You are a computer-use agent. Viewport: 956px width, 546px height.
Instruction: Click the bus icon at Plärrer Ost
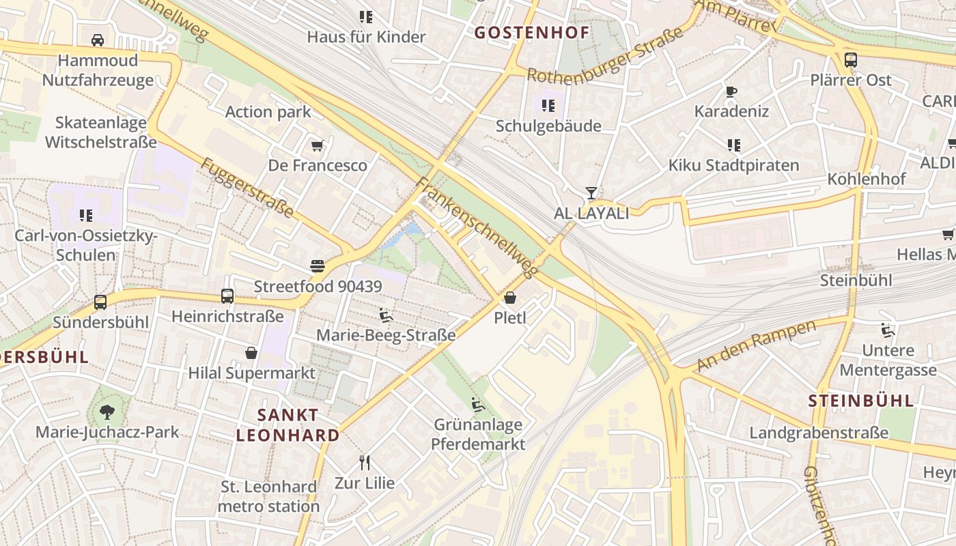coord(850,60)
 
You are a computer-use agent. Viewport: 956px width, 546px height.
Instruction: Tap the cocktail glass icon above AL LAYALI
coord(591,193)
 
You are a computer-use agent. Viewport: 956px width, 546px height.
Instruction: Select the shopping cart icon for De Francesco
coord(317,145)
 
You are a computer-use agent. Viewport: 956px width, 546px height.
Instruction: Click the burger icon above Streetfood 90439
coord(318,265)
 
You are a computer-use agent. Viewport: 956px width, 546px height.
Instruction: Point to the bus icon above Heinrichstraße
coord(227,296)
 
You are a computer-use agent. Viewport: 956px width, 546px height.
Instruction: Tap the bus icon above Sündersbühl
coord(100,302)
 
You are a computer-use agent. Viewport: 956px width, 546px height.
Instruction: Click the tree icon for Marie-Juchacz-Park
coord(107,412)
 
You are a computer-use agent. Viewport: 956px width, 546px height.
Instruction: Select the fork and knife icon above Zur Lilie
coord(365,463)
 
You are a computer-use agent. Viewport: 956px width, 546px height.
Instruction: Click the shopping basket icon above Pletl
coord(510,298)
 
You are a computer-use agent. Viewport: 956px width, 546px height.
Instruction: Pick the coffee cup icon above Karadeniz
coord(731,91)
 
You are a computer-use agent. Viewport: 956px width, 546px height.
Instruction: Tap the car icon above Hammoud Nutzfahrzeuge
coord(98,40)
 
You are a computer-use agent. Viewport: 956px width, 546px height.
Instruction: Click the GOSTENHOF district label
coord(531,33)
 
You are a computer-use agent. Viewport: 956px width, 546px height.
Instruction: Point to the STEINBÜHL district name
coord(861,401)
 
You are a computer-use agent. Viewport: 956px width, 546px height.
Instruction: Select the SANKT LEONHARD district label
coord(287,425)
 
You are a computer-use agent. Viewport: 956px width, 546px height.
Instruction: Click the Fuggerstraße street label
coord(247,188)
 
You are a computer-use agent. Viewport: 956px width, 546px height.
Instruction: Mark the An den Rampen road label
coord(756,345)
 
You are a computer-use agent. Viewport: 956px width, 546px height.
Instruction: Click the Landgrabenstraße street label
coord(819,433)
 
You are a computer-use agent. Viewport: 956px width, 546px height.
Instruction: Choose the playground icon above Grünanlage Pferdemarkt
coord(478,404)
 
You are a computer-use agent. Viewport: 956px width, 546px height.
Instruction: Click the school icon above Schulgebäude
coord(548,106)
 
